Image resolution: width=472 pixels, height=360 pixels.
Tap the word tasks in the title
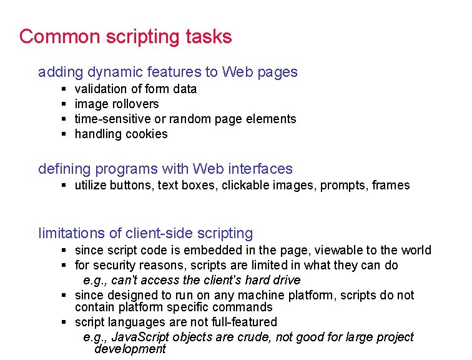pos(209,37)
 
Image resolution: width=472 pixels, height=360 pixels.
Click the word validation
pos(101,89)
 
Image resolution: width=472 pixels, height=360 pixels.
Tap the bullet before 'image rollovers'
pos(64,104)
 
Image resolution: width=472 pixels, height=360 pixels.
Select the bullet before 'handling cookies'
pos(64,134)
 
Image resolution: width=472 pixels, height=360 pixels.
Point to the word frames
pos(390,185)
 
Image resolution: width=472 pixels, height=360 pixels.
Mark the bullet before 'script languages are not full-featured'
pos(64,322)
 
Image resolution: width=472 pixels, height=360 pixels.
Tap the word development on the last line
pos(130,349)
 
